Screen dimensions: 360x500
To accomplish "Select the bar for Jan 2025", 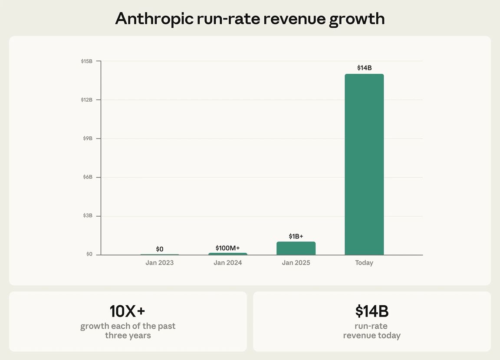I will coord(296,248).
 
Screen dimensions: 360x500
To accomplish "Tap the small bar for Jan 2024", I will coord(228,254).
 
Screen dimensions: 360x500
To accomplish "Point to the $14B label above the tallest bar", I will coord(364,68).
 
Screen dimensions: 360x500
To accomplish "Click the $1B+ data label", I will coord(296,236).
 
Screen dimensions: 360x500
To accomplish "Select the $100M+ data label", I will coord(228,248).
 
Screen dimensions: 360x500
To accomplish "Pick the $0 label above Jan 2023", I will coord(160,249).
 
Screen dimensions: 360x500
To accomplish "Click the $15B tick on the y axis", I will coord(87,61).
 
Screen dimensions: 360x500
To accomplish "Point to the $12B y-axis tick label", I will coord(87,100).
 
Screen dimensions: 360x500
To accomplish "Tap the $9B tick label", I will coord(87,139).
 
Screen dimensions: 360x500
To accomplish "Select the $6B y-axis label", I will coord(87,177).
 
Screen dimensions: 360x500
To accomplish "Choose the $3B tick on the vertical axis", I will coord(87,216).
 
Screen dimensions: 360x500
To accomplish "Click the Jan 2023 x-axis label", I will coord(160,263).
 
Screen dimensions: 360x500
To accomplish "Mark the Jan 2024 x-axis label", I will coord(228,263).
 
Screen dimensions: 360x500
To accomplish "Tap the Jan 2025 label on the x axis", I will coord(296,263).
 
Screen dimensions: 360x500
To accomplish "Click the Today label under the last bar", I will coord(364,263).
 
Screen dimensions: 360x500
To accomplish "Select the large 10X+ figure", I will coord(128,311).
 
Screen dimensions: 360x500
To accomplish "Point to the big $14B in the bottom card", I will coord(372,311).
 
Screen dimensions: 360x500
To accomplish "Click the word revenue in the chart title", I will coord(292,19).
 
